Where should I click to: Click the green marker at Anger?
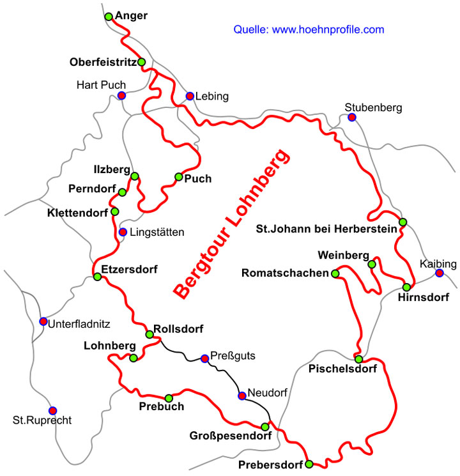109,16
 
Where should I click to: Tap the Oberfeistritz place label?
103,63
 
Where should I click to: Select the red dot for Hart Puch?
121,96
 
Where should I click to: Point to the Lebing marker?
190,96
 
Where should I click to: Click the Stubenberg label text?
373,107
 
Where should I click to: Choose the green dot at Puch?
179,177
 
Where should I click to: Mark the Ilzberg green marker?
135,176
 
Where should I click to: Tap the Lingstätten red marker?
123,231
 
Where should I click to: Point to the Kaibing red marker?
440,273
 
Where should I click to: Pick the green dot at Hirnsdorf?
407,287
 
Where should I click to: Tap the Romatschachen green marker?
335,273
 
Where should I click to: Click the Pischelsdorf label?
341,369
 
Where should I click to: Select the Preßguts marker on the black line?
204,358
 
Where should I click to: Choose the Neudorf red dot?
242,395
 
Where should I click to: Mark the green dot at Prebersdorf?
309,464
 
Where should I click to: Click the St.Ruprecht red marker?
52,410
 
